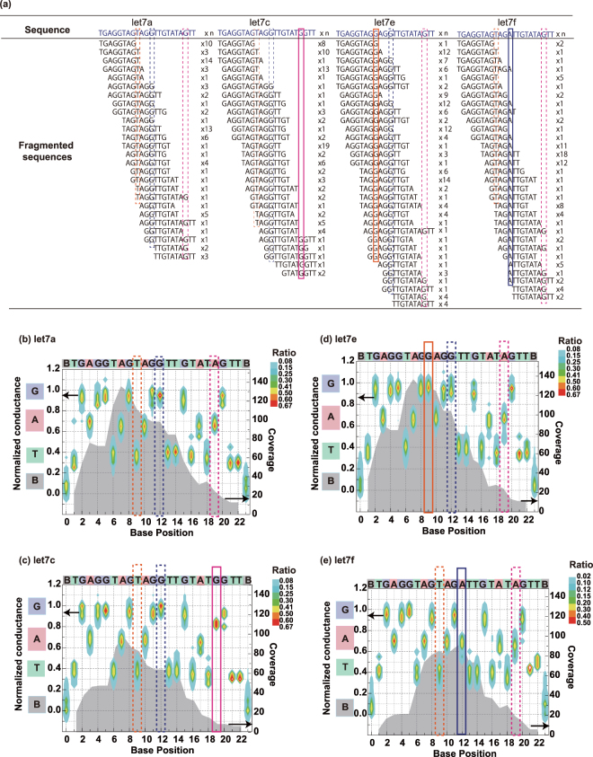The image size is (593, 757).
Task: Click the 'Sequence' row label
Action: pyautogui.click(x=48, y=31)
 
